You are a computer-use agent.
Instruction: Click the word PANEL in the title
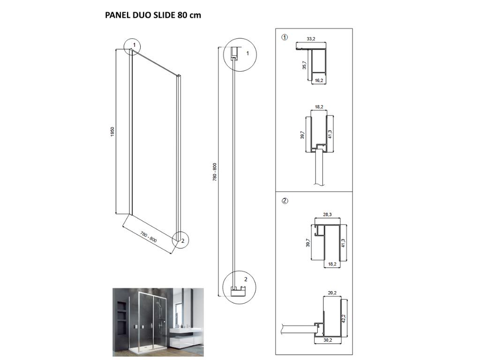(117, 15)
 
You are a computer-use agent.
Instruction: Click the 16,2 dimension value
(319, 81)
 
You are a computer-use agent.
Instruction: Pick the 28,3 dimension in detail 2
(328, 215)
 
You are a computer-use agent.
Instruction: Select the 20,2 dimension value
(332, 293)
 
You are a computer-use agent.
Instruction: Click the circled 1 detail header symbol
(285, 37)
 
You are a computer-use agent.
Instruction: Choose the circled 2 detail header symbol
(285, 201)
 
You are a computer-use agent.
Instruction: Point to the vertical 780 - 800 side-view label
(215, 172)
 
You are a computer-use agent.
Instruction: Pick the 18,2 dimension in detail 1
(319, 107)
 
